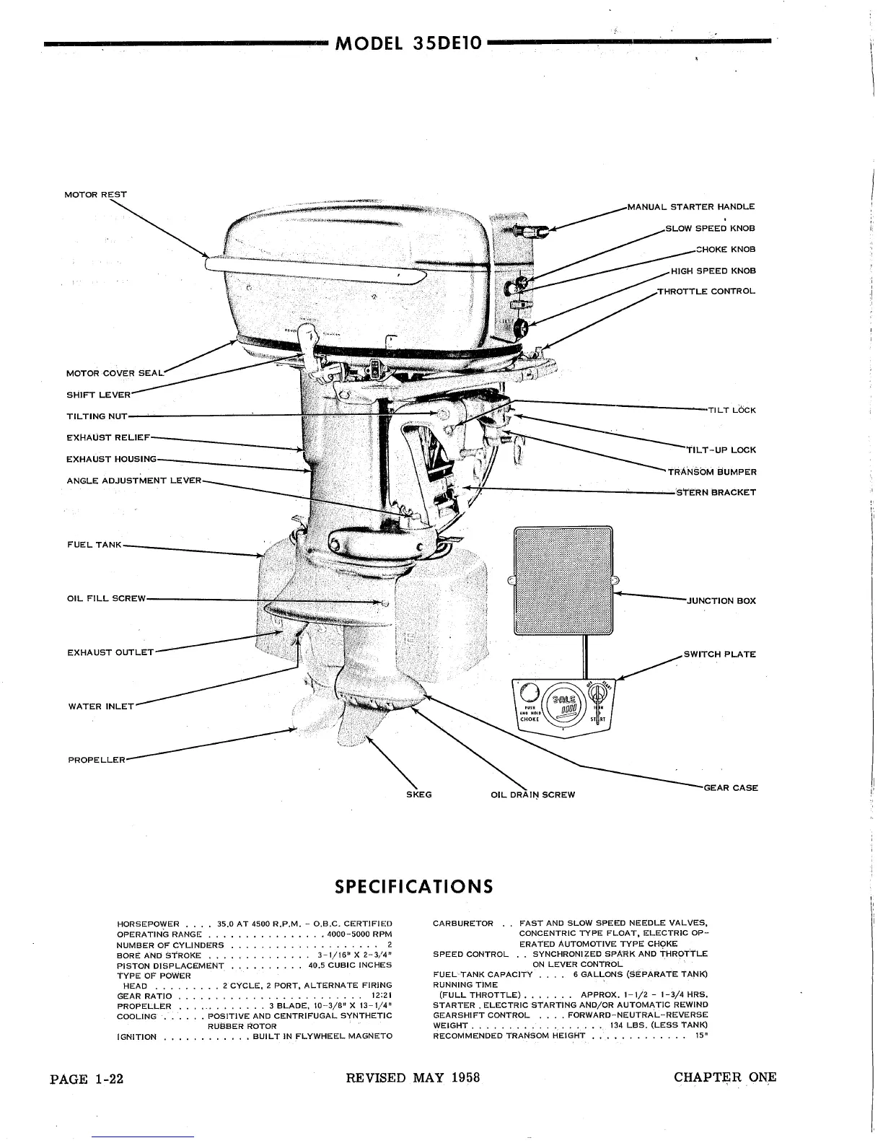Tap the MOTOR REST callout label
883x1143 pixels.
pyautogui.click(x=95, y=194)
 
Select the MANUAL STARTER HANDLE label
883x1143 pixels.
pyautogui.click(x=691, y=207)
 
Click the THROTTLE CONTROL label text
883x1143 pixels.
pyautogui.click(x=706, y=292)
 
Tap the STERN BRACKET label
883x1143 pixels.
pyautogui.click(x=716, y=492)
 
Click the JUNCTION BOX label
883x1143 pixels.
pyautogui.click(x=720, y=600)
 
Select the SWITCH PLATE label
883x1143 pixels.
pyautogui.click(x=719, y=654)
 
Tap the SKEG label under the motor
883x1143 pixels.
pyautogui.click(x=419, y=794)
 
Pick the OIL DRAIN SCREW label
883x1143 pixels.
pyautogui.click(x=532, y=795)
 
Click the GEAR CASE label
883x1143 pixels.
pyautogui.click(x=730, y=788)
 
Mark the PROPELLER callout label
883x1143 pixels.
pyautogui.click(x=97, y=760)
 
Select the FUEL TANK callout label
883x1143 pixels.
pyautogui.click(x=95, y=545)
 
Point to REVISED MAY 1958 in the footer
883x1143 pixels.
pyautogui.click(x=413, y=1078)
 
